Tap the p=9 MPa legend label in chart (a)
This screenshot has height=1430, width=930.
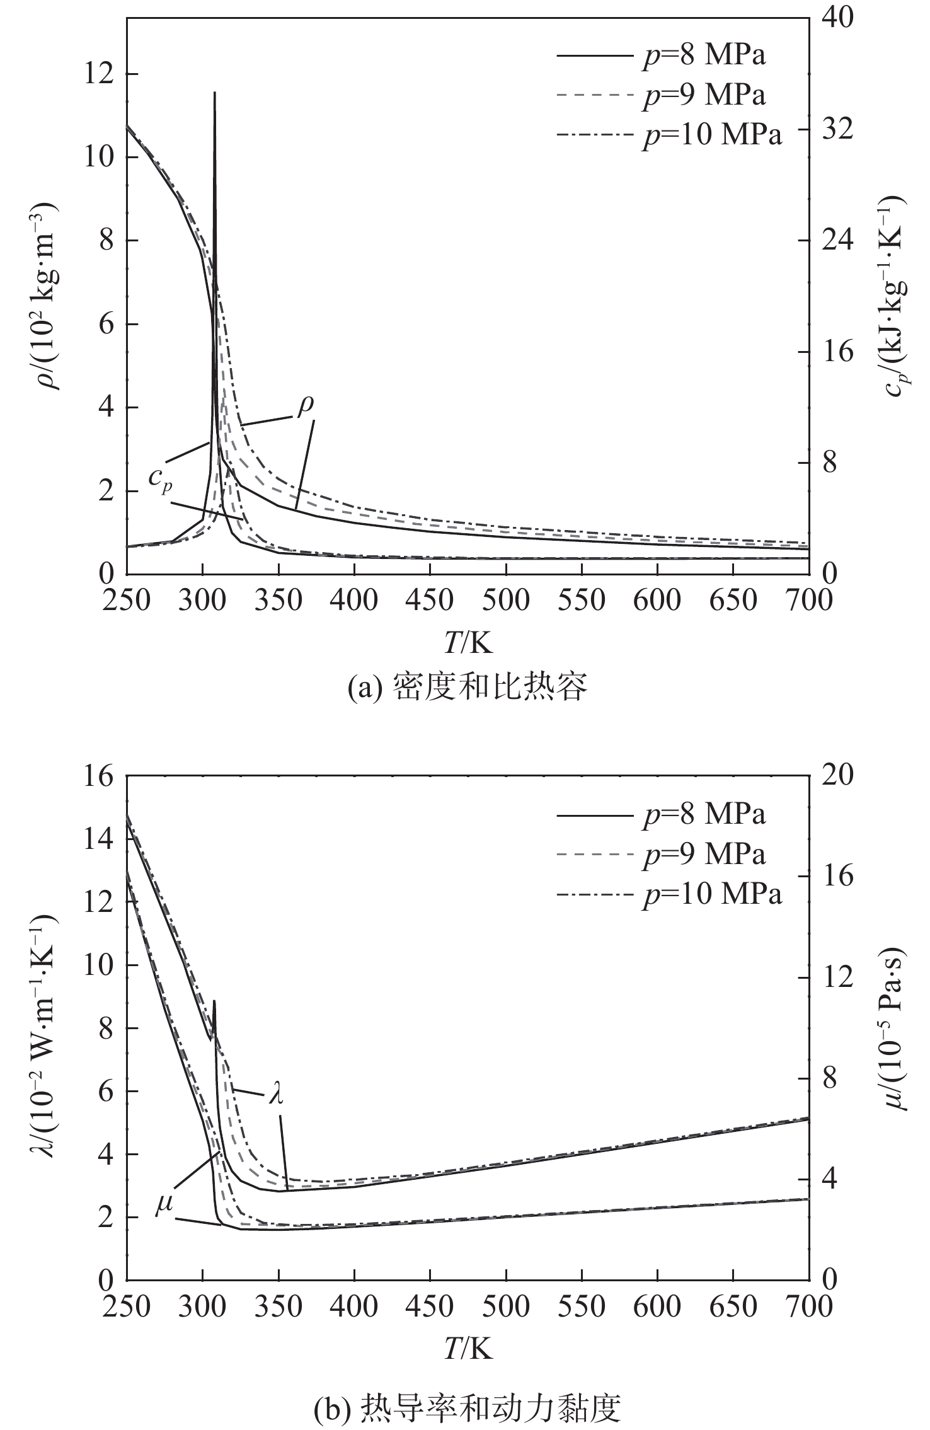click(x=704, y=95)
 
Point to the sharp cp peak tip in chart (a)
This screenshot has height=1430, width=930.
click(x=215, y=93)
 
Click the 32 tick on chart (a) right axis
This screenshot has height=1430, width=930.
click(x=837, y=129)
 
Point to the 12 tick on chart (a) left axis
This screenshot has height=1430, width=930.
click(x=104, y=74)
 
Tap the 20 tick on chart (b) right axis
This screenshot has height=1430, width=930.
click(x=837, y=776)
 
